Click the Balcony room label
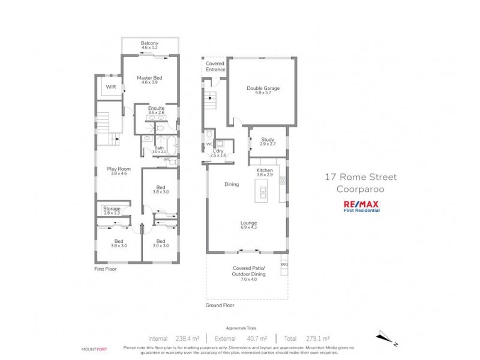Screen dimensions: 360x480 pyautogui.click(x=149, y=43)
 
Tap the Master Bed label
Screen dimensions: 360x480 pyautogui.click(x=149, y=78)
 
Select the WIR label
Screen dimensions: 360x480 pyautogui.click(x=111, y=87)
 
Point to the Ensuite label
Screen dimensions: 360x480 pyautogui.click(x=156, y=109)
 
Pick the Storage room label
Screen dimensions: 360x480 pyautogui.click(x=112, y=208)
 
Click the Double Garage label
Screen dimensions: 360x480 pyautogui.click(x=263, y=89)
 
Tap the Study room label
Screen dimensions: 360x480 pyautogui.click(x=268, y=140)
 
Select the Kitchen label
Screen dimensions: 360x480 pyautogui.click(x=265, y=171)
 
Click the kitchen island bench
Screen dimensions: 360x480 pyautogui.click(x=263, y=193)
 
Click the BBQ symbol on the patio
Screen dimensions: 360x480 pyautogui.click(x=284, y=264)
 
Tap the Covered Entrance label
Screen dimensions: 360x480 pyautogui.click(x=215, y=66)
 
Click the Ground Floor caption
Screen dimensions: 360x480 pyautogui.click(x=220, y=305)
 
